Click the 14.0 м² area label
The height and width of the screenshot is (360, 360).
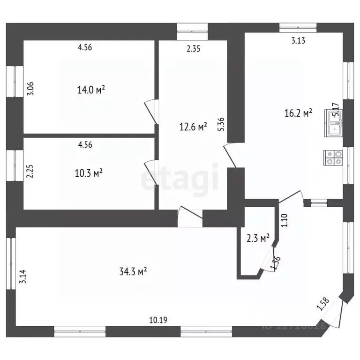point(90,90)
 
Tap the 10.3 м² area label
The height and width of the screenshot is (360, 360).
point(89,173)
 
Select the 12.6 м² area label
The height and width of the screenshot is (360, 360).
point(193,127)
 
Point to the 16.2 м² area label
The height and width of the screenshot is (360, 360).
point(298,113)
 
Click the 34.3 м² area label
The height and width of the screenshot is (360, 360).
point(134,270)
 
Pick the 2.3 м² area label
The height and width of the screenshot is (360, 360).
point(258,238)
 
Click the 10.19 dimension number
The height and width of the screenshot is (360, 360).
point(158,320)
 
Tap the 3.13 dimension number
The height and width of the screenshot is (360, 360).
point(298,40)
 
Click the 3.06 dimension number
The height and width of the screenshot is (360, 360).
point(31,89)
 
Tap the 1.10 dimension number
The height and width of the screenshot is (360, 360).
point(284,220)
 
